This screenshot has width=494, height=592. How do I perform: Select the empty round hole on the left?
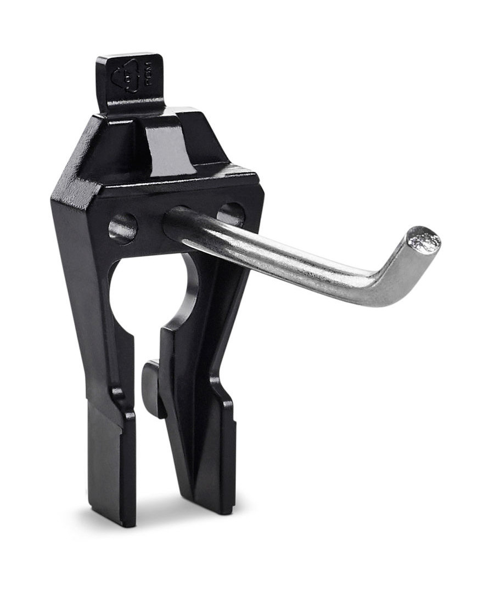coord(122,227)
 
